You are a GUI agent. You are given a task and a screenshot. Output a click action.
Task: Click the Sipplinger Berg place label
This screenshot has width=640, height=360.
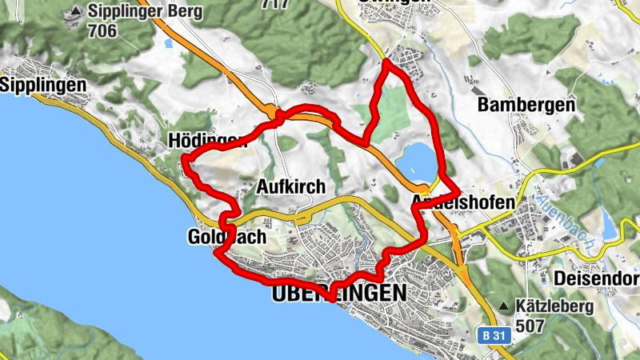[x=145, y=12]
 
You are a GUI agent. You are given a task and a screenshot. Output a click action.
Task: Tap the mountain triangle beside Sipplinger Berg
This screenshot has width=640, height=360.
[x=75, y=11]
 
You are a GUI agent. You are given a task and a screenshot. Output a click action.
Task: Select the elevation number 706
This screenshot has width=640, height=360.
[x=103, y=31]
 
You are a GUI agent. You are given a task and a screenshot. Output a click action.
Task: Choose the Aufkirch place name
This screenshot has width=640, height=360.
[x=291, y=187]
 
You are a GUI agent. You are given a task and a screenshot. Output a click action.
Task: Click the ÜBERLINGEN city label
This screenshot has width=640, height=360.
[x=339, y=294]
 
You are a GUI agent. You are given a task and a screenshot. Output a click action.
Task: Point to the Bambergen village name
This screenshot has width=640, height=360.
[x=526, y=105]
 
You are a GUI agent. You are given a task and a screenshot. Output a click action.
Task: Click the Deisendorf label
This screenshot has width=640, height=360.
[x=597, y=279]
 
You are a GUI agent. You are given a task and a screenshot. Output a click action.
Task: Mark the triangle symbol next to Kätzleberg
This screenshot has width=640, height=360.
[x=504, y=306]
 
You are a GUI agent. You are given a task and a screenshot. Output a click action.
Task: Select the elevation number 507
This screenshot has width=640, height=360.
[x=532, y=326]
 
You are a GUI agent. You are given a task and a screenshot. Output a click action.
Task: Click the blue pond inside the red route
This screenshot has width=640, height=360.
[x=416, y=160]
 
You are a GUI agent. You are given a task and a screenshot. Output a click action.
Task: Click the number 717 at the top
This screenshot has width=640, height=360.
[x=276, y=3]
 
